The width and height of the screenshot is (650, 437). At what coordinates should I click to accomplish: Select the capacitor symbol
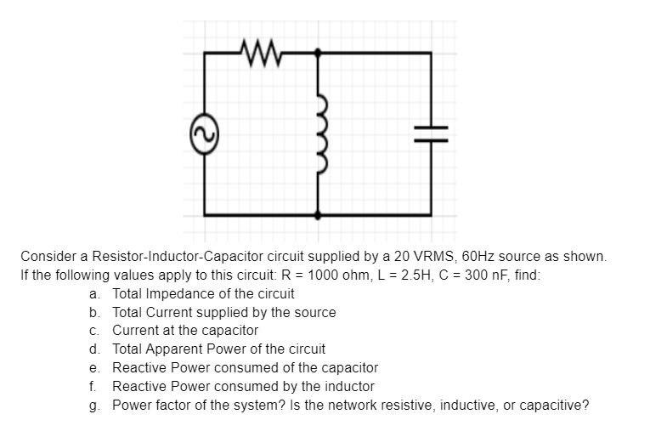430,132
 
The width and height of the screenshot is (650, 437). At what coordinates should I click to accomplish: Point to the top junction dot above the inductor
318,53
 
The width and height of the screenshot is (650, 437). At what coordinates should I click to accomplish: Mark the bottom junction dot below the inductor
318,216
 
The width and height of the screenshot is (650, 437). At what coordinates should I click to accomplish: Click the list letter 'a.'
94,293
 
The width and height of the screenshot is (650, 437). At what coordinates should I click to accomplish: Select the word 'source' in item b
316,312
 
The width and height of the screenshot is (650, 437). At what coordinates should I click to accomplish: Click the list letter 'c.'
94,330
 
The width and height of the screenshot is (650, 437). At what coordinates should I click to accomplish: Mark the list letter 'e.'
94,367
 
